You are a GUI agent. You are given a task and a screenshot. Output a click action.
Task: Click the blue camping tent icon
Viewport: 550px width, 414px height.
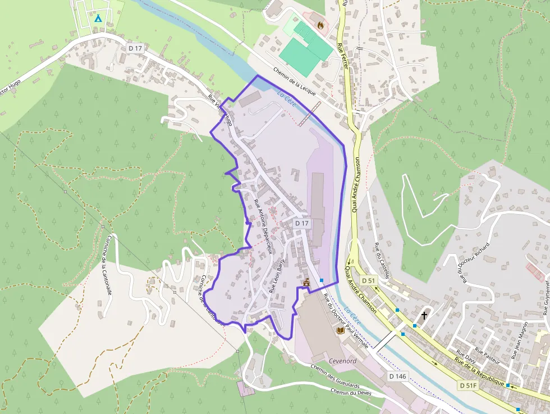pos(98,19)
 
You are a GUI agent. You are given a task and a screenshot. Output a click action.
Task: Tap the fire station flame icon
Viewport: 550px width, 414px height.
pos(320,25)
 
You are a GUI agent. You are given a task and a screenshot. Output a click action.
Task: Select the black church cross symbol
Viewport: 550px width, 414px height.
pos(424,316)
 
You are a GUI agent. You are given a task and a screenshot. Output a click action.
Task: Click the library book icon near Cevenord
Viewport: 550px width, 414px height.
pos(340,331)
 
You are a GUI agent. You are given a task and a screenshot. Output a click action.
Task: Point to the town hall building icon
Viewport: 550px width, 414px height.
pos(306,283)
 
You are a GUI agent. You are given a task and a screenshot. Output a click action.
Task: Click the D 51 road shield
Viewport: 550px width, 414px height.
pos(368,280)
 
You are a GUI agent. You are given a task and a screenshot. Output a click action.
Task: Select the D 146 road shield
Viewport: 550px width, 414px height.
pos(397,375)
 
